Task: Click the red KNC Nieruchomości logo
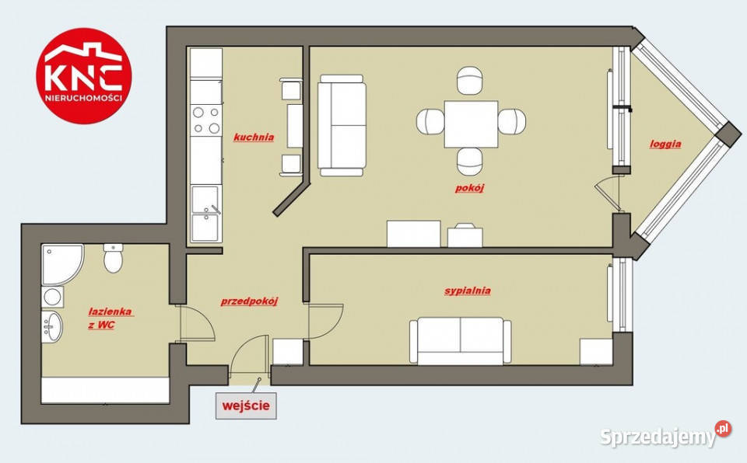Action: pos(84,76)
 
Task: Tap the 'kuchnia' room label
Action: pos(254,138)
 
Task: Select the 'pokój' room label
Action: pos(469,188)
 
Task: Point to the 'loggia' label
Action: pos(665,144)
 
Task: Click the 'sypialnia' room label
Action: pos(468,291)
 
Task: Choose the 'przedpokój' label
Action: pos(249,301)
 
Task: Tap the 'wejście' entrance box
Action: pos(246,406)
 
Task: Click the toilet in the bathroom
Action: pos(114,259)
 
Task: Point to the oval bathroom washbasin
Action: pos(52,327)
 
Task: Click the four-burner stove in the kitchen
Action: pos(206,120)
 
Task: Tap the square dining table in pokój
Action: pos(471,124)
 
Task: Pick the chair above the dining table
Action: pos(470,81)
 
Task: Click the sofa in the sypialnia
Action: pos(460,341)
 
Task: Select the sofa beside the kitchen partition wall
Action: pos(342,126)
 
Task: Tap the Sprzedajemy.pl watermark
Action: pos(665,434)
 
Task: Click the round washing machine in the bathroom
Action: pos(52,297)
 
